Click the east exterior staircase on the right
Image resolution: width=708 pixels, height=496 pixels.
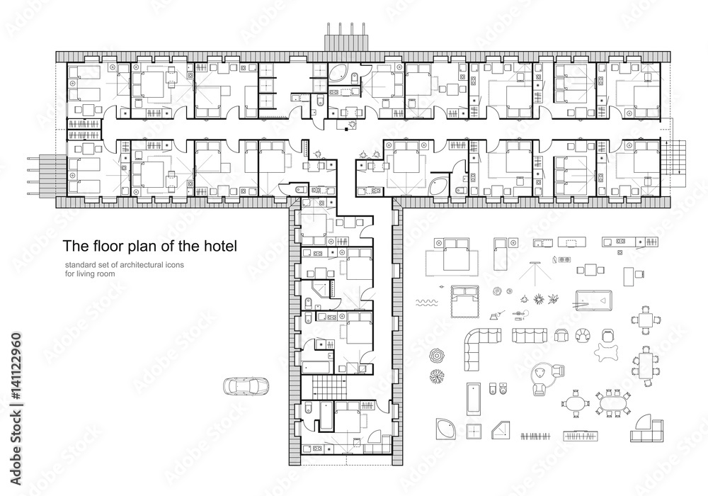pyautogui.click(x=677, y=158)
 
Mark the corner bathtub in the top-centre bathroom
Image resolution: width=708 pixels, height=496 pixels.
pyautogui.click(x=338, y=75)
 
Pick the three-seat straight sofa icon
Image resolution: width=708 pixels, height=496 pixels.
pyautogui.click(x=527, y=335)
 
